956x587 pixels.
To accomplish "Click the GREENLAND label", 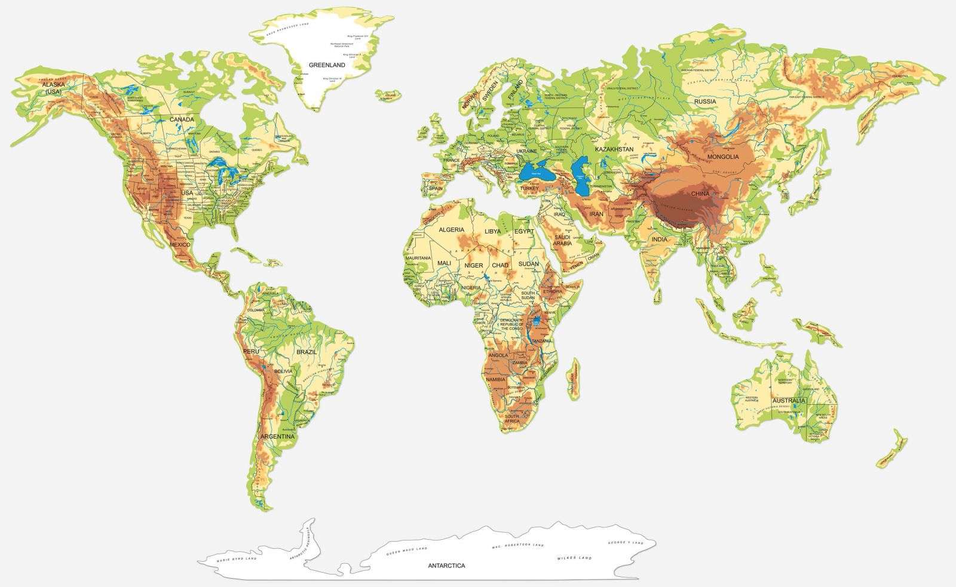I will click(327, 64).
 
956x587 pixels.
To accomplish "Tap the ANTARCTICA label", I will click(446, 565).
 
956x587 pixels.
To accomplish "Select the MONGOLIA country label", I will click(723, 157).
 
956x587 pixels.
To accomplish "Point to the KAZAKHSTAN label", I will click(614, 149).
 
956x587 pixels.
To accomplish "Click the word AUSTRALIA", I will click(788, 401).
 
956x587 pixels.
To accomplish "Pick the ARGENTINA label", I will click(277, 437).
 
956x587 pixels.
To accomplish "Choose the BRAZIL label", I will click(306, 352).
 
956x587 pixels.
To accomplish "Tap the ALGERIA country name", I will click(451, 230).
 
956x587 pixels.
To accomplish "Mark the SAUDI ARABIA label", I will click(562, 240).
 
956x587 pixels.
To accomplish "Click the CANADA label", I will click(182, 119).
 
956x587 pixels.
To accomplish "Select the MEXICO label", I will click(179, 245).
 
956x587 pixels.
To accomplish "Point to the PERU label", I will click(251, 352).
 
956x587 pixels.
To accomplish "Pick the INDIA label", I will click(660, 239).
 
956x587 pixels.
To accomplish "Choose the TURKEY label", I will click(529, 188).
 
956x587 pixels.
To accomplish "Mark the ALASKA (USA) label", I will click(53, 88).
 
